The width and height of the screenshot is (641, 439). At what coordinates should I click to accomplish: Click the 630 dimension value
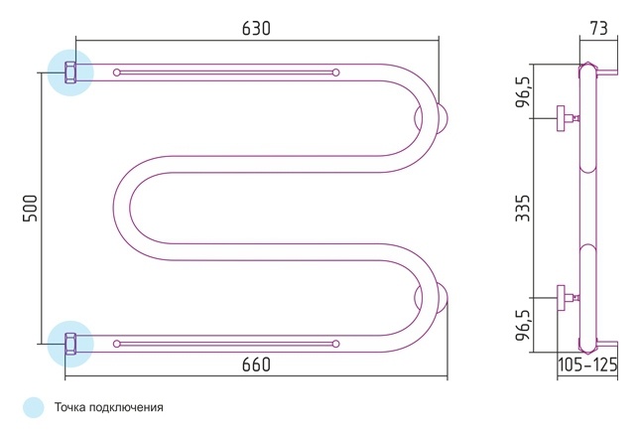(x=256, y=29)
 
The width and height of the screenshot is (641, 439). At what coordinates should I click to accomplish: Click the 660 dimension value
(x=256, y=365)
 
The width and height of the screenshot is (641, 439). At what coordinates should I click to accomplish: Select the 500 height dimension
(x=30, y=209)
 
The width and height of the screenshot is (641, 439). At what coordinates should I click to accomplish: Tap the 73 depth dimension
(x=599, y=28)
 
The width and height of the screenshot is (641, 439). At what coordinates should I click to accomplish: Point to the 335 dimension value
(x=523, y=209)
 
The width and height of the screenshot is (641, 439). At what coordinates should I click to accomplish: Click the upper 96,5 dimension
(x=523, y=91)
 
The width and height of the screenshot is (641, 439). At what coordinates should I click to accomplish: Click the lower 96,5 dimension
(x=523, y=325)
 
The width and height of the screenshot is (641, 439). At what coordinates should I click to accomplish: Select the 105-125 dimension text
(x=587, y=365)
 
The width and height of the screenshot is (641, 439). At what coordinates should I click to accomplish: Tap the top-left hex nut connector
(x=70, y=73)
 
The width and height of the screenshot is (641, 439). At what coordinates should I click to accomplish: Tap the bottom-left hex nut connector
(x=70, y=344)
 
